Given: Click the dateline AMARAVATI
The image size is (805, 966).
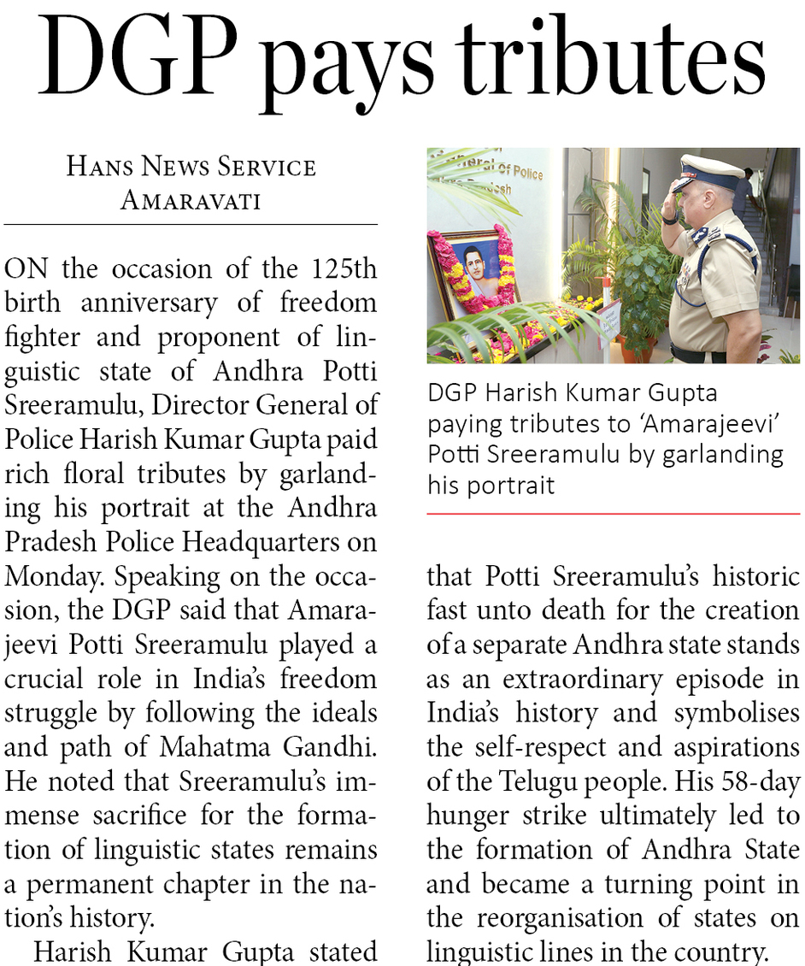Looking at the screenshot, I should coord(191,200).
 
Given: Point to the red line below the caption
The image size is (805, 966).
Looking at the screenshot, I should coord(614,514).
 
